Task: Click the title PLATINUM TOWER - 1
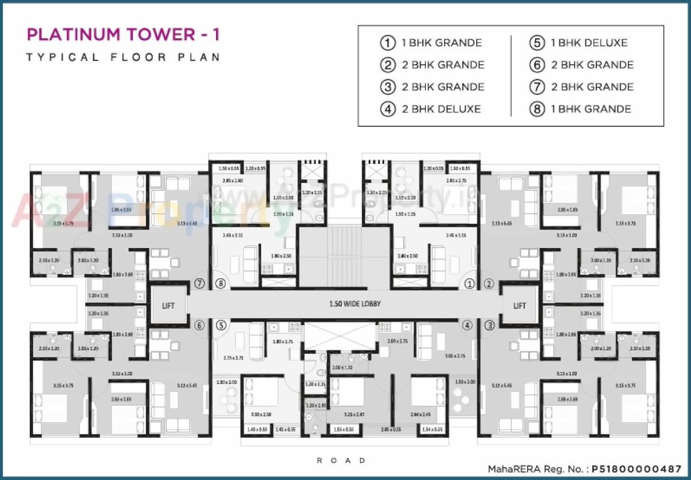pyautogui.click(x=123, y=35)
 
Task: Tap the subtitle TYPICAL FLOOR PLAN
pyautogui.click(x=123, y=57)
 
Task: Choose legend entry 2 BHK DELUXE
pyautogui.click(x=441, y=109)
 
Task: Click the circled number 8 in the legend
pyautogui.click(x=537, y=109)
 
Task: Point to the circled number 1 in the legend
pyautogui.click(x=388, y=43)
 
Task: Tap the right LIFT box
pyautogui.click(x=519, y=305)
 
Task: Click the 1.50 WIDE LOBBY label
pyautogui.click(x=355, y=304)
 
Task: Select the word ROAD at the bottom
pyautogui.click(x=341, y=460)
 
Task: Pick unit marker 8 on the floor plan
pyautogui.click(x=221, y=283)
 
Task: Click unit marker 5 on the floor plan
pyautogui.click(x=221, y=325)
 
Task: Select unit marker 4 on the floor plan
pyautogui.click(x=468, y=325)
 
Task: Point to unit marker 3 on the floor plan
pyautogui.click(x=489, y=325)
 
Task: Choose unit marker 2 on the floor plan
pyautogui.click(x=489, y=283)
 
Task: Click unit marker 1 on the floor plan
pyautogui.click(x=470, y=283)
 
